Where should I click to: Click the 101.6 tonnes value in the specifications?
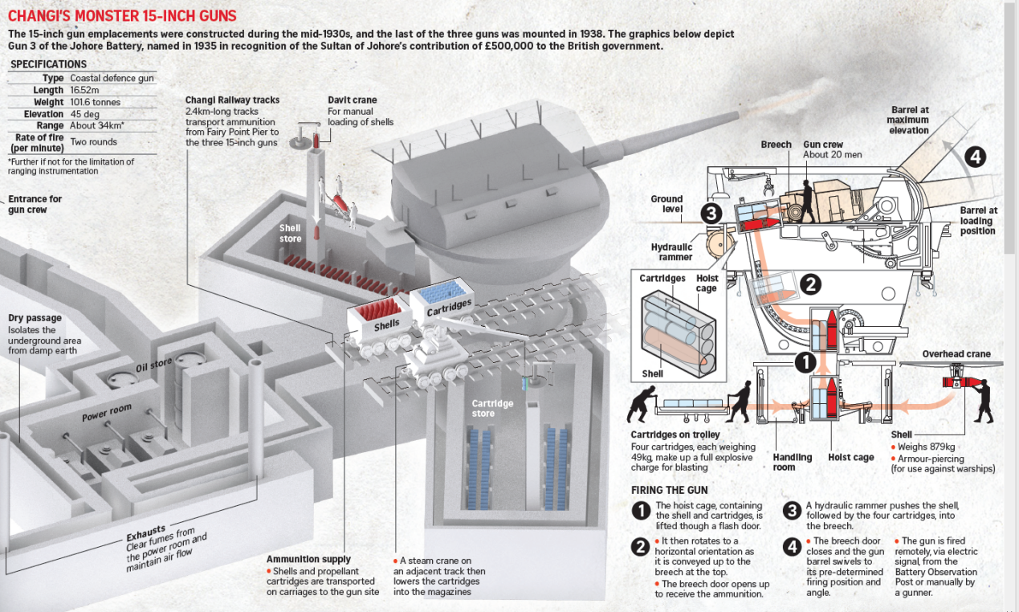pos(95,102)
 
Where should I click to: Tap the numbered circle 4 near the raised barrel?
pos(974,157)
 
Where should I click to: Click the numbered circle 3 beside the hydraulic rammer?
pos(710,214)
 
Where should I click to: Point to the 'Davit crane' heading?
pos(352,100)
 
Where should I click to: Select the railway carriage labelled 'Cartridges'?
pos(441,302)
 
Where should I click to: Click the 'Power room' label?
pos(106,414)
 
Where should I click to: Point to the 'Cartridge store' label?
pos(492,408)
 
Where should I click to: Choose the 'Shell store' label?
pos(290,233)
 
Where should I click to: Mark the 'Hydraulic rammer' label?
pos(672,252)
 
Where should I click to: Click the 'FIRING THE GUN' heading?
pos(669,490)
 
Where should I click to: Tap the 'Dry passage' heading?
pos(35,318)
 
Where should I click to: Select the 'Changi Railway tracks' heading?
pos(232,100)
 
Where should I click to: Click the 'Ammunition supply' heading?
pos(308,559)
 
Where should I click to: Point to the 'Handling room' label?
pos(793,462)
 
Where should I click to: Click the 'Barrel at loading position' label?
pos(977,221)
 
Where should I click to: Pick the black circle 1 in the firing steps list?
pos(640,510)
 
